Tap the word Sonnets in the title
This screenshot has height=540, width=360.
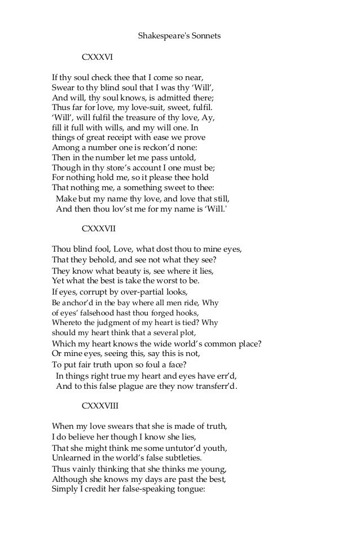click(x=205, y=36)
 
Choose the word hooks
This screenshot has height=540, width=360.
click(x=187, y=313)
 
